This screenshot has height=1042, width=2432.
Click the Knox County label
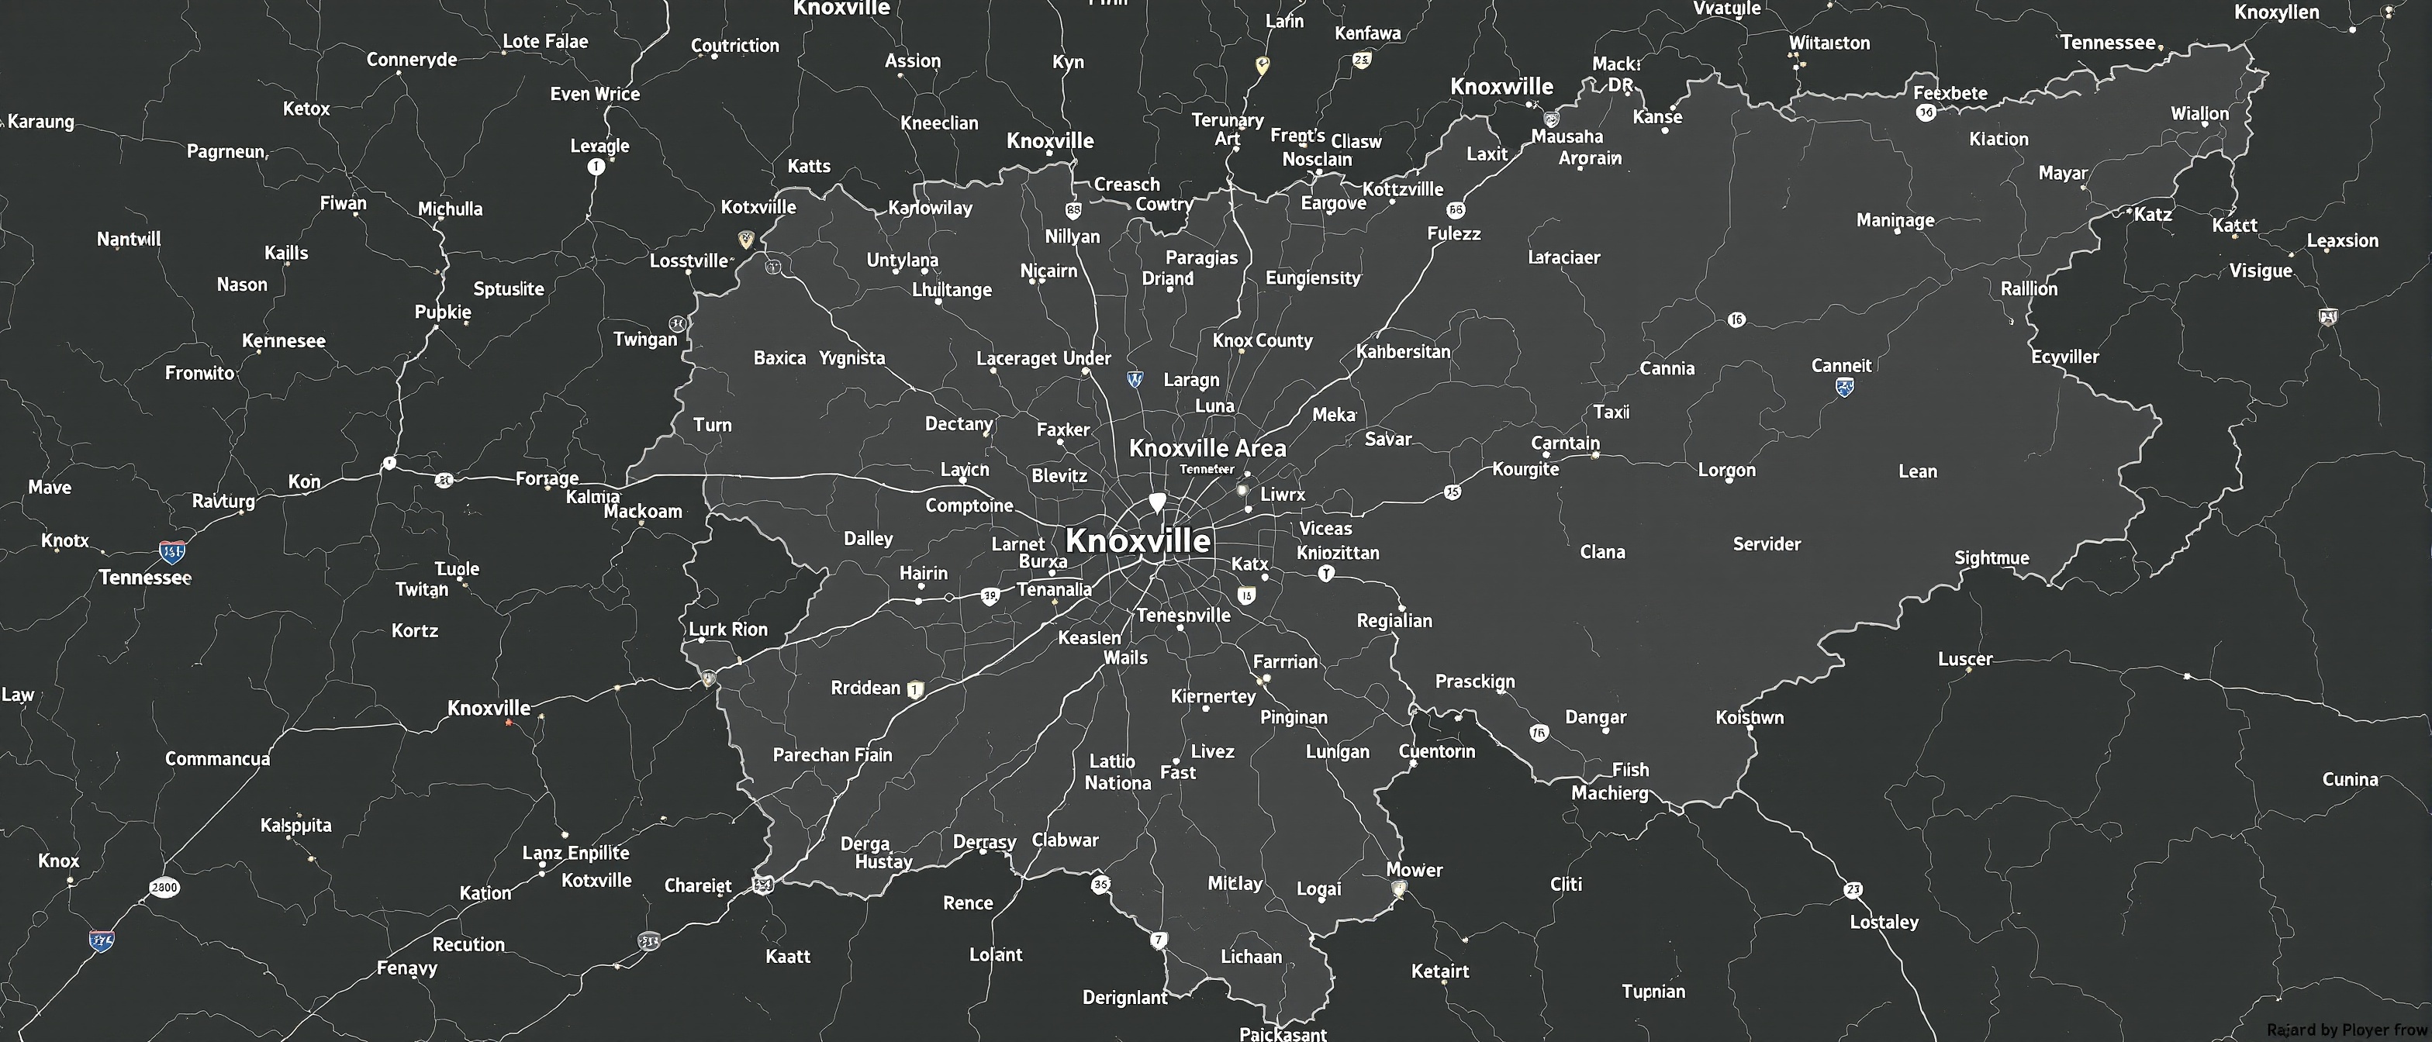(1263, 340)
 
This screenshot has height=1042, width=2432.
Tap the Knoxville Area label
(1207, 448)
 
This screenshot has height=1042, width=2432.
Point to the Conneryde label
(412, 60)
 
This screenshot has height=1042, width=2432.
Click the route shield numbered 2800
(164, 887)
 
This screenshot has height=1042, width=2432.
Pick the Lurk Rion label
(728, 630)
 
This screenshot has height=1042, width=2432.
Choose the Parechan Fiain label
(832, 755)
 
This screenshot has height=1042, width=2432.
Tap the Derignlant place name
(1124, 998)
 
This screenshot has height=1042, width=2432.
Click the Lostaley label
(1884, 922)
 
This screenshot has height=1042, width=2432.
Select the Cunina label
(2349, 780)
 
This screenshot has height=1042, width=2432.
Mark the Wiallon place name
(2199, 114)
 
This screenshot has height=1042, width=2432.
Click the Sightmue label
(1991, 557)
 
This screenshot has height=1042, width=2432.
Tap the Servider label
(1767, 543)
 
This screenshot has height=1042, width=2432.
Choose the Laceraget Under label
(1043, 359)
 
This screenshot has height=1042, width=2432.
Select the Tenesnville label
(1183, 616)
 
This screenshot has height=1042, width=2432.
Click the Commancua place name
(217, 759)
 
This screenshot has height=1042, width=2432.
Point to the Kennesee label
(283, 340)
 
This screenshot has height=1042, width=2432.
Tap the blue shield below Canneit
(1844, 387)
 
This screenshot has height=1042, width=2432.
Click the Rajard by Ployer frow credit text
(2346, 1030)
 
